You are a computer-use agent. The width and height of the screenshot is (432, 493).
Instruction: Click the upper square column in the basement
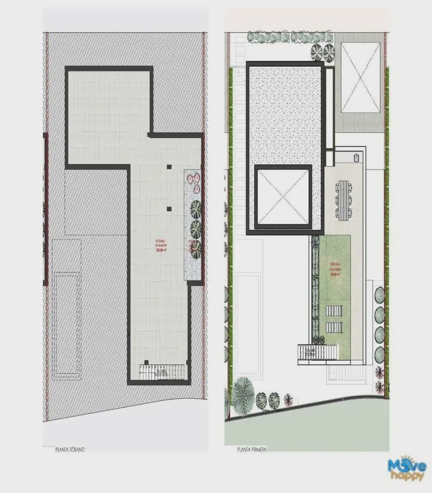point(169,167)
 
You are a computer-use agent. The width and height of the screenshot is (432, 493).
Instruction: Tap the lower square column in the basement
point(169,209)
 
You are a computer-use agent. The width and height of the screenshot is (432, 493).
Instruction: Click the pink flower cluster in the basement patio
point(194,180)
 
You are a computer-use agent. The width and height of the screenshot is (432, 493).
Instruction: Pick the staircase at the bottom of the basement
point(162,372)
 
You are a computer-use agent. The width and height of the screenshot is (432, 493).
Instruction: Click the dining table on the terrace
point(343,200)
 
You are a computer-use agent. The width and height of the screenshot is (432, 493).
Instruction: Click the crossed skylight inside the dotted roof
point(283,196)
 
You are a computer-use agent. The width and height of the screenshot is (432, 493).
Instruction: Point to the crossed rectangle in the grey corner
point(360,77)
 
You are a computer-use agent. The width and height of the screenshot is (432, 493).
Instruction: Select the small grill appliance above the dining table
point(356,156)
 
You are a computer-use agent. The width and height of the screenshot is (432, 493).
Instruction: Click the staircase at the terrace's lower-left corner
point(318,352)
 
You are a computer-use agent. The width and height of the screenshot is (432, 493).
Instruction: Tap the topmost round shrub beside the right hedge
point(380,295)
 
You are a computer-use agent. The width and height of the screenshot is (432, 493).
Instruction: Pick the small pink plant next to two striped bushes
point(288,399)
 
